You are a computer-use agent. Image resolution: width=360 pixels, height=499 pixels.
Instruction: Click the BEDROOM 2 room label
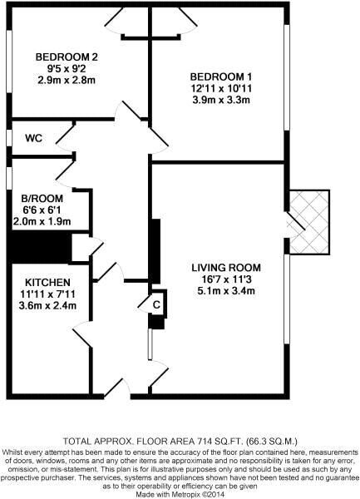(x=67, y=57)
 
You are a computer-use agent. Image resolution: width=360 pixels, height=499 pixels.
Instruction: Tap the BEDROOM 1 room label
(x=221, y=77)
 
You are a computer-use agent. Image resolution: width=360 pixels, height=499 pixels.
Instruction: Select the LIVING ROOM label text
(x=226, y=268)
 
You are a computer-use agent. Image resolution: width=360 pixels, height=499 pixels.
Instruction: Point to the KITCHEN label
(x=47, y=282)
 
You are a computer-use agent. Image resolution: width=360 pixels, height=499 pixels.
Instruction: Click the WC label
(x=34, y=138)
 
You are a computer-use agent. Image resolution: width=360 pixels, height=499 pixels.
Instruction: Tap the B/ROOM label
(x=42, y=199)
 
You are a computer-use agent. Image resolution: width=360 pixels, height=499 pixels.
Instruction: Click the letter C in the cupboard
(x=156, y=305)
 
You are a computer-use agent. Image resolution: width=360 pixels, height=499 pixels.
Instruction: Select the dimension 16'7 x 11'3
(x=226, y=279)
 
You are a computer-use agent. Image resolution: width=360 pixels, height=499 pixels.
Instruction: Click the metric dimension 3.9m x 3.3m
(x=221, y=100)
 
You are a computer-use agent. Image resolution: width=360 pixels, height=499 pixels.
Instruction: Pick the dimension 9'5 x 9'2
(x=67, y=68)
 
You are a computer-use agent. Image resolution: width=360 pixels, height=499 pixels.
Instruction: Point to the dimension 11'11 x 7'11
(x=47, y=294)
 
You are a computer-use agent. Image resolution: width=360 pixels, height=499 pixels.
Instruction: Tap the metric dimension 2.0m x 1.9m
(x=42, y=221)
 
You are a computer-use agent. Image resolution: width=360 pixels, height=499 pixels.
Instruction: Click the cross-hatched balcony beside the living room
(x=308, y=222)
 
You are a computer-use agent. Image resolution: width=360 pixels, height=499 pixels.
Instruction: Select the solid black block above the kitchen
(x=39, y=247)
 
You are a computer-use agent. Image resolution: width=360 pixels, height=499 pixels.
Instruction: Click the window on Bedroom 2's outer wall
(x=9, y=62)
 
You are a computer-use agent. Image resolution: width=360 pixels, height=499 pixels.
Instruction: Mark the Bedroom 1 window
(x=287, y=77)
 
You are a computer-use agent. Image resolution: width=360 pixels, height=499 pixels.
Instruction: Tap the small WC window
(x=9, y=138)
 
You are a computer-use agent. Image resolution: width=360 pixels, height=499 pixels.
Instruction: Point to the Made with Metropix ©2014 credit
(x=180, y=494)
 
